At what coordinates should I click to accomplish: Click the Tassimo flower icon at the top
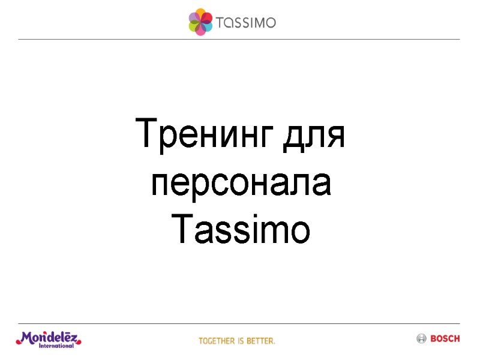click(x=200, y=22)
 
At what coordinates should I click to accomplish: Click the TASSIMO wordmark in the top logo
click(x=247, y=23)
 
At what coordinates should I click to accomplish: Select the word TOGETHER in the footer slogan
click(x=217, y=341)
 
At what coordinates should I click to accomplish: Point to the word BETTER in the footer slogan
click(x=261, y=341)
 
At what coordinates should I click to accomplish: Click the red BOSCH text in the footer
click(x=445, y=339)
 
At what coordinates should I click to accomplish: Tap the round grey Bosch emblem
click(x=421, y=339)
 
